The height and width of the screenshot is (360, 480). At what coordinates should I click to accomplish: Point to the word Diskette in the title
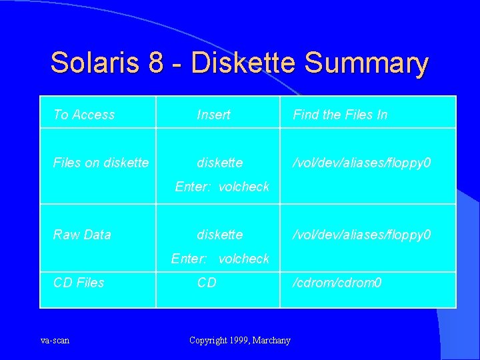[x=244, y=63]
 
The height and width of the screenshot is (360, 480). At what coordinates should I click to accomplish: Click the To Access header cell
[x=84, y=115]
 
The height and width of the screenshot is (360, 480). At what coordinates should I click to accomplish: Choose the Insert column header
[x=213, y=115]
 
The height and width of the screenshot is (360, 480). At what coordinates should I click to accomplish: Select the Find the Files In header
[x=340, y=115]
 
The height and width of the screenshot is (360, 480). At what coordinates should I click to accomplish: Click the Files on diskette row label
[x=101, y=163]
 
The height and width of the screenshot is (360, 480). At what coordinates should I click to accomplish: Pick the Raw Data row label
[x=82, y=235]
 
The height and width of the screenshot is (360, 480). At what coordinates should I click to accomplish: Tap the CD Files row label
[x=79, y=283]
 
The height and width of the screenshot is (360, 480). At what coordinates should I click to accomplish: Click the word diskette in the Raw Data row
[x=220, y=235]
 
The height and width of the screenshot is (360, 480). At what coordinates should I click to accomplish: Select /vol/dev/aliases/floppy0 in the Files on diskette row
[x=363, y=163]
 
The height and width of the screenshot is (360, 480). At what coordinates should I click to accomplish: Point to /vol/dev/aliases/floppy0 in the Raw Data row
[x=363, y=235]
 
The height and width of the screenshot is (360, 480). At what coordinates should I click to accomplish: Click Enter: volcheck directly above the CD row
[x=221, y=259]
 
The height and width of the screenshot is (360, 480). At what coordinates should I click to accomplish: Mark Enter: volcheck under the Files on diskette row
[x=222, y=187]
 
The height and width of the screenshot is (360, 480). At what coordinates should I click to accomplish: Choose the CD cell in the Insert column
[x=207, y=283]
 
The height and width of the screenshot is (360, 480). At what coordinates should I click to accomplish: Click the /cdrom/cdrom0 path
[x=337, y=283]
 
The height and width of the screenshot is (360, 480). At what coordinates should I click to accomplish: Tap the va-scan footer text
[x=55, y=341]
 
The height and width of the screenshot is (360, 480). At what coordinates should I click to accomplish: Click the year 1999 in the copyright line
[x=237, y=341]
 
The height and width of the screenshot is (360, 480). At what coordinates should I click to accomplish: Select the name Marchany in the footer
[x=273, y=341]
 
